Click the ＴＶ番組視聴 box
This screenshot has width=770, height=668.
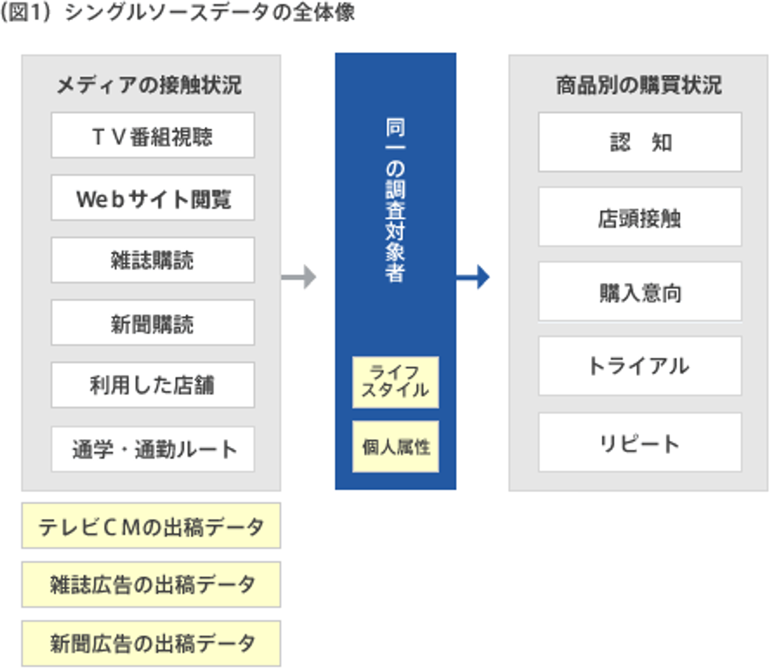[153, 135]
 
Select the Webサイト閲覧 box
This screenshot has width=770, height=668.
[153, 198]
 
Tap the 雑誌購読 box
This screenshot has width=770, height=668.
[153, 260]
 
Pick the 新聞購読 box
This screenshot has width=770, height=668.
[153, 323]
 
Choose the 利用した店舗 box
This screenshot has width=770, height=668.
[153, 385]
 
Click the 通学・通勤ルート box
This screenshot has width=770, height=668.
[153, 449]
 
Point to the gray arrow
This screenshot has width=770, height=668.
[299, 277]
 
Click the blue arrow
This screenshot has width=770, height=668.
[473, 277]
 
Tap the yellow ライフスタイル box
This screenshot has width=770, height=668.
[395, 382]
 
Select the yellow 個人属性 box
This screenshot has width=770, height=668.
[395, 447]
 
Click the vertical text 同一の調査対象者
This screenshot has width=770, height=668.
[395, 200]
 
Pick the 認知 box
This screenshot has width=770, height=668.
[640, 142]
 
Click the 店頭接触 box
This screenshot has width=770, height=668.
[640, 217]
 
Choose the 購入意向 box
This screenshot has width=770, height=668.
[640, 292]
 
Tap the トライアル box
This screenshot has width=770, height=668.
[640, 366]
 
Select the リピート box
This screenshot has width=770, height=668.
[640, 442]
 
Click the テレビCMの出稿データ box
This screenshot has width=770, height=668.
[151, 526]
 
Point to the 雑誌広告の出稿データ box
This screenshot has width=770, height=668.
[151, 584]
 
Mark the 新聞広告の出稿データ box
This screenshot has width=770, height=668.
[151, 643]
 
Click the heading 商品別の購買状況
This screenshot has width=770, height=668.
[638, 85]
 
